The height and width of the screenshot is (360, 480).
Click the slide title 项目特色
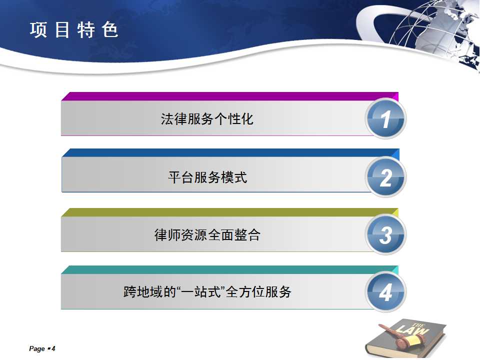[x=74, y=30]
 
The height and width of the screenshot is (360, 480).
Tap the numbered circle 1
[x=385, y=118]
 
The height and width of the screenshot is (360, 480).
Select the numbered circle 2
[x=385, y=177]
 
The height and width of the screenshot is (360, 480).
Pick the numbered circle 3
[x=385, y=234]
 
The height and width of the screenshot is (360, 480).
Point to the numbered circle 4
[x=385, y=291]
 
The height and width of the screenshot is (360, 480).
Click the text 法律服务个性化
[x=207, y=119]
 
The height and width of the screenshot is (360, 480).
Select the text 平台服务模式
[x=207, y=177]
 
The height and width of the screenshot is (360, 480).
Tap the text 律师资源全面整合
[x=207, y=235]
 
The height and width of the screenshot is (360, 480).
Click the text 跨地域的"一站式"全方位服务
[x=207, y=291]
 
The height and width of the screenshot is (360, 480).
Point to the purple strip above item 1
[x=229, y=96]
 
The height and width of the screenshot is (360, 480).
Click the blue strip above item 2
[x=230, y=153]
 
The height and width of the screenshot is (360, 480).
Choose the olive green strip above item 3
[x=229, y=212]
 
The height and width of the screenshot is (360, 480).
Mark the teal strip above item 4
[x=229, y=269]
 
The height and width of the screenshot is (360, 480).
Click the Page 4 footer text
[x=42, y=348]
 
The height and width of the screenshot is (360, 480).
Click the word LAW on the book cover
[x=412, y=329]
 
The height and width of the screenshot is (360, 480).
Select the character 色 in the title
[x=110, y=30]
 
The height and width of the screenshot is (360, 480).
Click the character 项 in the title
[x=38, y=30]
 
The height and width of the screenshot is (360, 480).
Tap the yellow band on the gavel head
[x=412, y=340]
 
